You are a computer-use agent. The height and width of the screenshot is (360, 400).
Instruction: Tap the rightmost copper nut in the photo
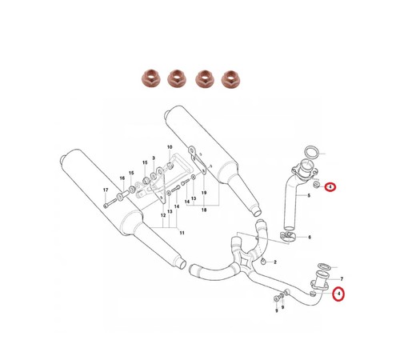230,78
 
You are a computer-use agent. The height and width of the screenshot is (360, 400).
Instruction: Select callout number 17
106,190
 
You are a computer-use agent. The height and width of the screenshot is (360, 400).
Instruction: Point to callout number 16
122,178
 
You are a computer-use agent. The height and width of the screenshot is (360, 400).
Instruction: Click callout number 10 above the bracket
170,147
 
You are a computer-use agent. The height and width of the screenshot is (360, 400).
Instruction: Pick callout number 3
154,158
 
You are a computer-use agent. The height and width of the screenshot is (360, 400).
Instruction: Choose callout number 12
163,215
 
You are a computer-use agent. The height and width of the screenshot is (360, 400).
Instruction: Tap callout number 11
182,233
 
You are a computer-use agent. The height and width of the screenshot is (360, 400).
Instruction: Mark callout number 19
204,193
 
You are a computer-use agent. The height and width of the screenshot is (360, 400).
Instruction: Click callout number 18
204,210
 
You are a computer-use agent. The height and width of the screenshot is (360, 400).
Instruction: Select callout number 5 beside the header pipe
309,195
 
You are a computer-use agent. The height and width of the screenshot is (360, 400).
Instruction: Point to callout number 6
310,237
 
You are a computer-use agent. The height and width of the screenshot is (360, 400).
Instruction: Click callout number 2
275,262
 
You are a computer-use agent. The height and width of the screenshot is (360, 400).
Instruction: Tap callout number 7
342,279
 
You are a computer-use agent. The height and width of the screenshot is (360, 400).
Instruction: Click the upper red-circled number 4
330,187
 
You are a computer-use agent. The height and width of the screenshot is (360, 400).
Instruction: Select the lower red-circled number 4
339,294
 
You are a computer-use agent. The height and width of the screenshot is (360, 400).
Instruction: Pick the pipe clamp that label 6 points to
287,237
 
